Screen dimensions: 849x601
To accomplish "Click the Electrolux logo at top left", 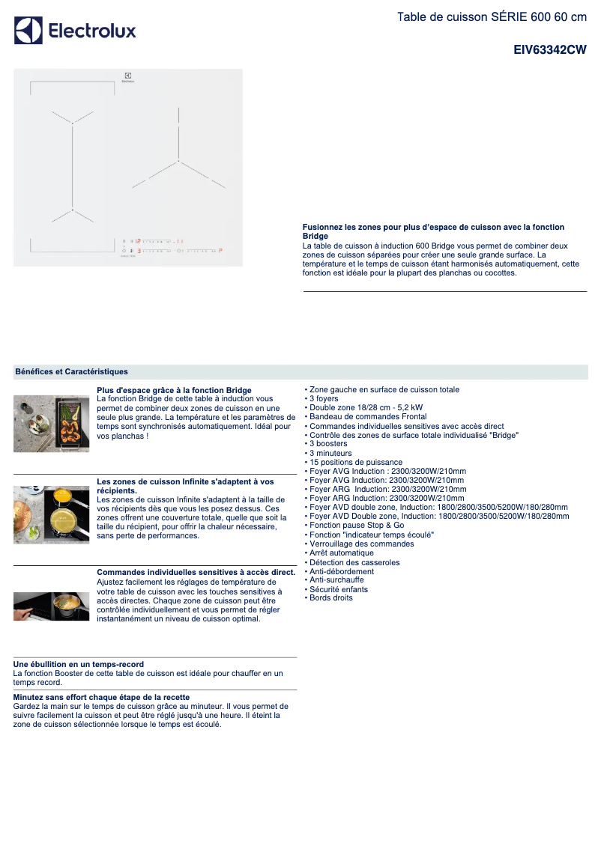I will click(x=75, y=31).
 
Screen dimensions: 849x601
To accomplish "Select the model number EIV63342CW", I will click(x=549, y=50).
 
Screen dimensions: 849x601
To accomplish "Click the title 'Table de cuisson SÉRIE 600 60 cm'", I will click(x=492, y=16).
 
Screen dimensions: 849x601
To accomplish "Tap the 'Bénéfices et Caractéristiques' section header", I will click(x=71, y=371).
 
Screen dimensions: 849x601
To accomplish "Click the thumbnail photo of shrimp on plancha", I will click(x=51, y=424).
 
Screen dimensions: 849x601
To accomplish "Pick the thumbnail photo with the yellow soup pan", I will click(x=51, y=515).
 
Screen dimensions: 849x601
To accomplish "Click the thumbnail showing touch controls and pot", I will click(x=51, y=606).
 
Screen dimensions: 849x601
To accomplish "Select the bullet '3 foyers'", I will click(x=324, y=399).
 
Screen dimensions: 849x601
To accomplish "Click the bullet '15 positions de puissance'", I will click(x=355, y=463).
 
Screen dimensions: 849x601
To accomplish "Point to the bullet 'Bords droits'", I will click(x=330, y=598).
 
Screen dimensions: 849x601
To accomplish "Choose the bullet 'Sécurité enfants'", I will click(x=338, y=589).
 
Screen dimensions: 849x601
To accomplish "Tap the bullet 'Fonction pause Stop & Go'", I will click(x=356, y=526).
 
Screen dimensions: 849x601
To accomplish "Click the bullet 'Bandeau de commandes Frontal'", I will click(x=367, y=417).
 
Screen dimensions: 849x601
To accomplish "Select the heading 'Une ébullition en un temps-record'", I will click(x=79, y=664).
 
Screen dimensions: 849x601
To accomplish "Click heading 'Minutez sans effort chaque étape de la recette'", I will click(x=101, y=697).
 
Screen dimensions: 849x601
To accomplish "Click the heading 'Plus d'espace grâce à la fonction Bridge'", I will click(x=174, y=390).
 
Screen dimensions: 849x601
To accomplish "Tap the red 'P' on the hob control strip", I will click(x=222, y=251).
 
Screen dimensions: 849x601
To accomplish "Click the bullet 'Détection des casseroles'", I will click(x=354, y=562).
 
